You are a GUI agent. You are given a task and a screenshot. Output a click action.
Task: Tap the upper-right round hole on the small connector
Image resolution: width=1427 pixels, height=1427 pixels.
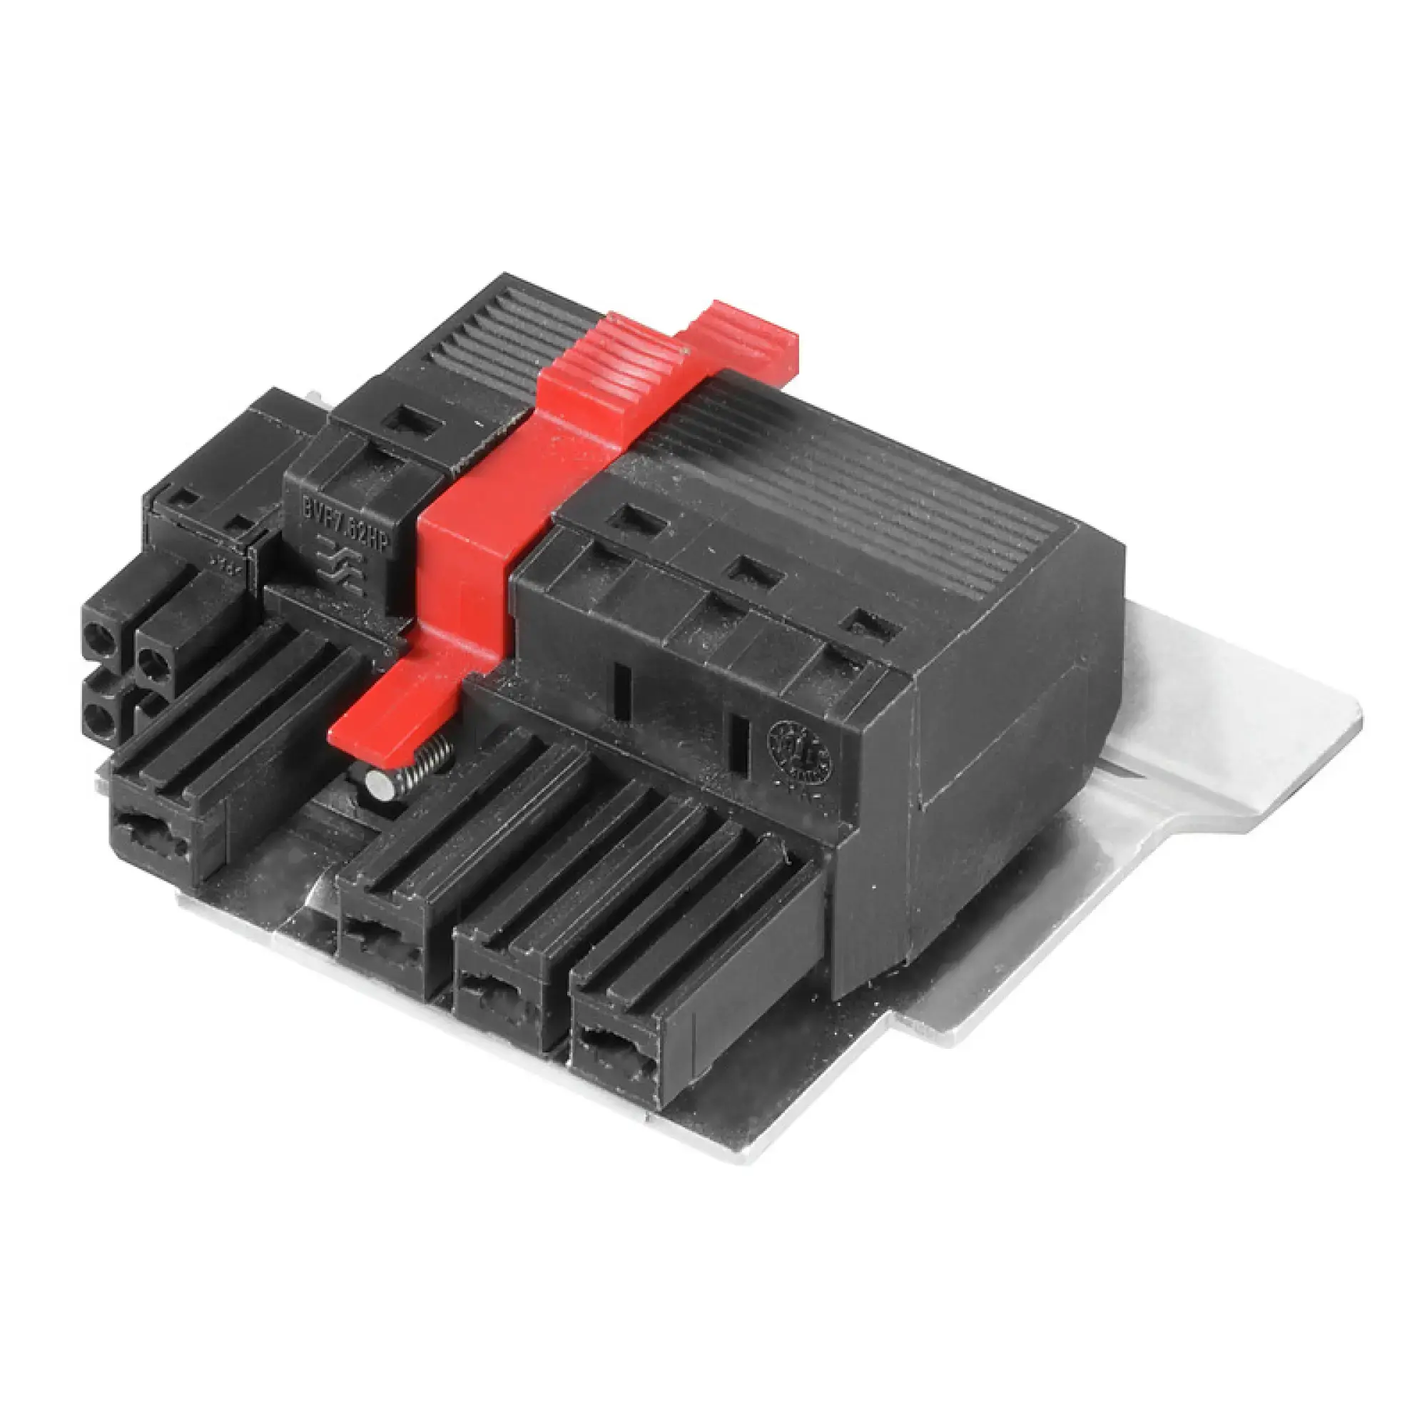153,661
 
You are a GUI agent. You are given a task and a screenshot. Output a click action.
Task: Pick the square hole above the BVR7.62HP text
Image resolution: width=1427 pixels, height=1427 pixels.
412,422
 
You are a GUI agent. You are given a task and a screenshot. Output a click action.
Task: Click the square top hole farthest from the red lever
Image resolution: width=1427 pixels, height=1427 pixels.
872,626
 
